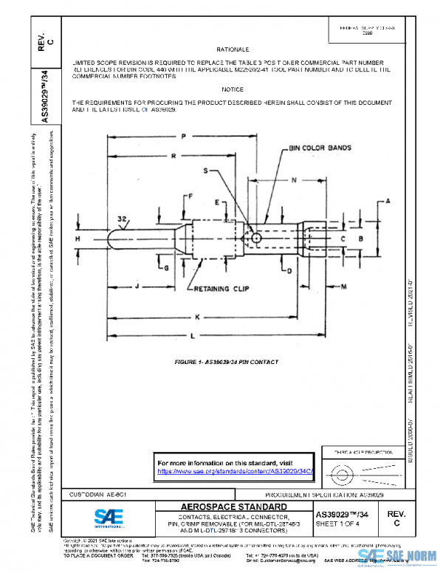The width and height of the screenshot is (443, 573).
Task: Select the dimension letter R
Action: (171, 157)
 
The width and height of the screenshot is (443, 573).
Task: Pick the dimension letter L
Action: (194, 336)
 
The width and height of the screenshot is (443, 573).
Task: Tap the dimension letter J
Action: (138, 284)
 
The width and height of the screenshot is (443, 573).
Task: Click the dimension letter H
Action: (78, 239)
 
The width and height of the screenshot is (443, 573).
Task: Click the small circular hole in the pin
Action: (255, 239)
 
